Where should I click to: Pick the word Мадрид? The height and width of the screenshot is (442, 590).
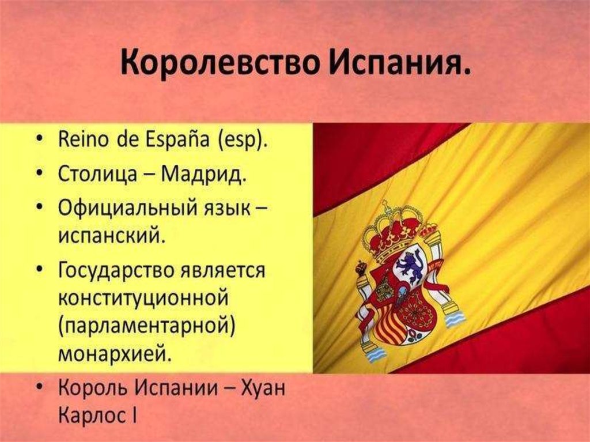click(205, 175)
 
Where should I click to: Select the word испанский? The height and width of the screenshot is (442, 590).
click(112, 235)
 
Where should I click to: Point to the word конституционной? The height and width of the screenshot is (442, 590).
click(143, 298)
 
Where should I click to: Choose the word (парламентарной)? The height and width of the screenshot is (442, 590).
click(147, 326)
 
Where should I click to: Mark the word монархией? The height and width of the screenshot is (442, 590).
click(115, 354)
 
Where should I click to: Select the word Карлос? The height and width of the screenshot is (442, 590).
click(92, 415)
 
